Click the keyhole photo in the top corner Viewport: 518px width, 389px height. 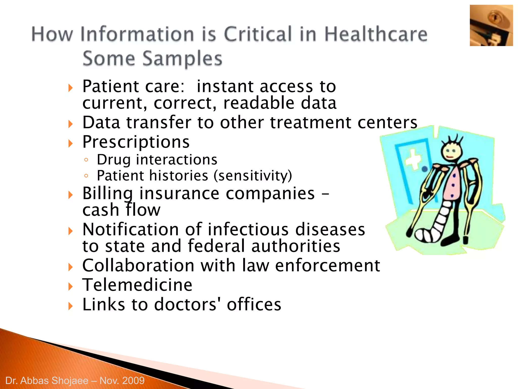click(491, 26)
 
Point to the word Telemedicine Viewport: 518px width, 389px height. click(137, 285)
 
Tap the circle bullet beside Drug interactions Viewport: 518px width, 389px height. click(86, 160)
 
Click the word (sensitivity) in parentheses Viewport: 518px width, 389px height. click(253, 176)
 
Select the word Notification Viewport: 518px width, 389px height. click(131, 229)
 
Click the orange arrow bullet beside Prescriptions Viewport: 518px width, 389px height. click(71, 144)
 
